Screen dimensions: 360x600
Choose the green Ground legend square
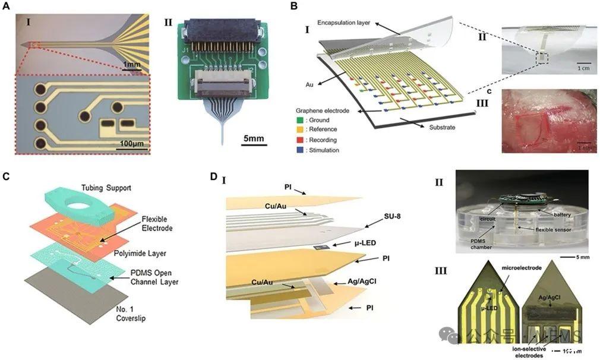coord(301,119)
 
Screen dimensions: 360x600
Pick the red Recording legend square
coord(301,140)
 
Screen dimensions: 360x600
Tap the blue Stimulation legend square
coord(301,150)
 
